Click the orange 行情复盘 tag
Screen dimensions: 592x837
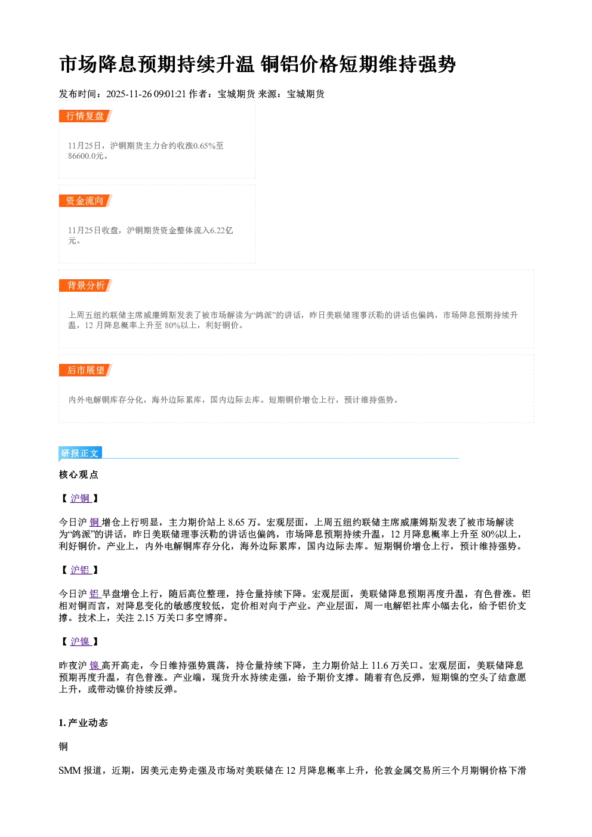pyautogui.click(x=85, y=116)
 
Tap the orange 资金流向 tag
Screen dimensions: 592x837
pyautogui.click(x=85, y=200)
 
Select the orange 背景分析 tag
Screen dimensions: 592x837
pyautogui.click(x=85, y=286)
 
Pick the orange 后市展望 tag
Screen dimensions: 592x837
pyautogui.click(x=85, y=370)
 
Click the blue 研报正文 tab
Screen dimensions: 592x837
pyautogui.click(x=80, y=453)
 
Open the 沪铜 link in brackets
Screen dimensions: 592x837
pyautogui.click(x=81, y=499)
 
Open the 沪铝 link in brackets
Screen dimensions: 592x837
pyautogui.click(x=81, y=570)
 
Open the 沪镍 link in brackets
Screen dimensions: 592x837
pyautogui.click(x=81, y=641)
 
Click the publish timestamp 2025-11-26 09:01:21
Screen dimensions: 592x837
pyautogui.click(x=146, y=94)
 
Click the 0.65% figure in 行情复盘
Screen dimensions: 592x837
pyautogui.click(x=204, y=146)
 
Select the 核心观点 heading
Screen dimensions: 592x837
pyautogui.click(x=79, y=475)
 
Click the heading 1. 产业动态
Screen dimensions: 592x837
pyautogui.click(x=84, y=723)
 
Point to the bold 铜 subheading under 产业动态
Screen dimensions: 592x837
pyautogui.click(x=63, y=746)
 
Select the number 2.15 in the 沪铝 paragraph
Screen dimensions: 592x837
pyautogui.click(x=146, y=618)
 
